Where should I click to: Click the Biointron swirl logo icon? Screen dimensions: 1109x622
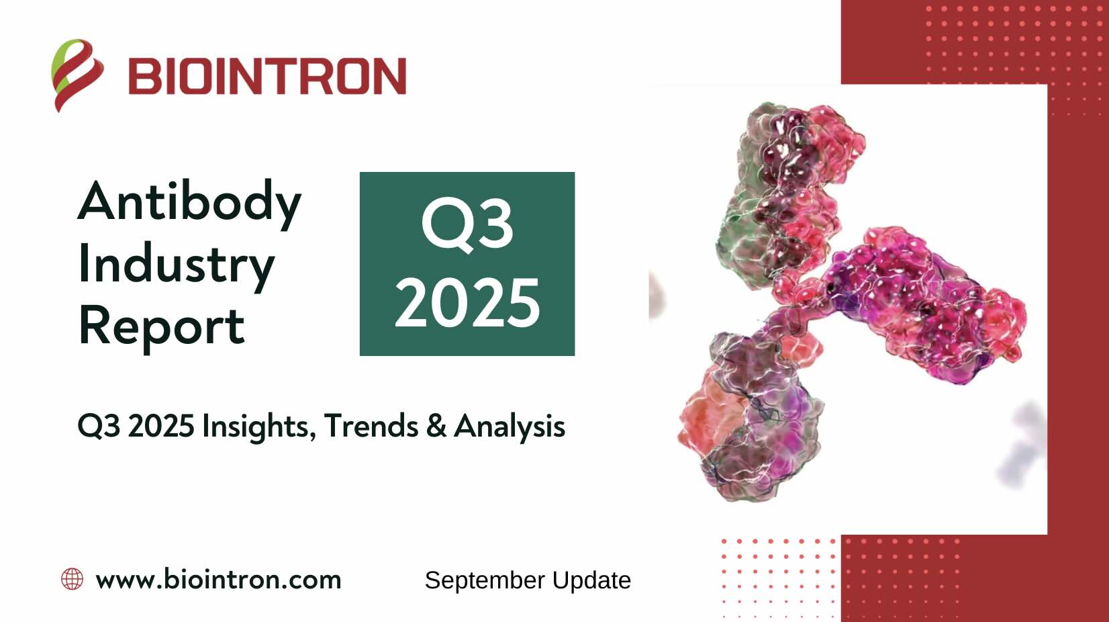77,75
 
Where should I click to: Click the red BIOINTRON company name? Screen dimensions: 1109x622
267,76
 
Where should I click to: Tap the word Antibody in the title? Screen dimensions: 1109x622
189,202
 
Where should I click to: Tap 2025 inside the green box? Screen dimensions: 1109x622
467,302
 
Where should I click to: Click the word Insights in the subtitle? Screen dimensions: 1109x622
259,427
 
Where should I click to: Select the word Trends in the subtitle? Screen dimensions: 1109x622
371,425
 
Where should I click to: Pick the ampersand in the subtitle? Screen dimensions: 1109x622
436,426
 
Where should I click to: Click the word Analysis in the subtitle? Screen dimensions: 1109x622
510,427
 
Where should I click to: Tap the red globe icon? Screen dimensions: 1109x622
72,579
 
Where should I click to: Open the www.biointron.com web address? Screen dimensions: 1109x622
218,580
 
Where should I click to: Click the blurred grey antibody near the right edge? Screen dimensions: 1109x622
1022,446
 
